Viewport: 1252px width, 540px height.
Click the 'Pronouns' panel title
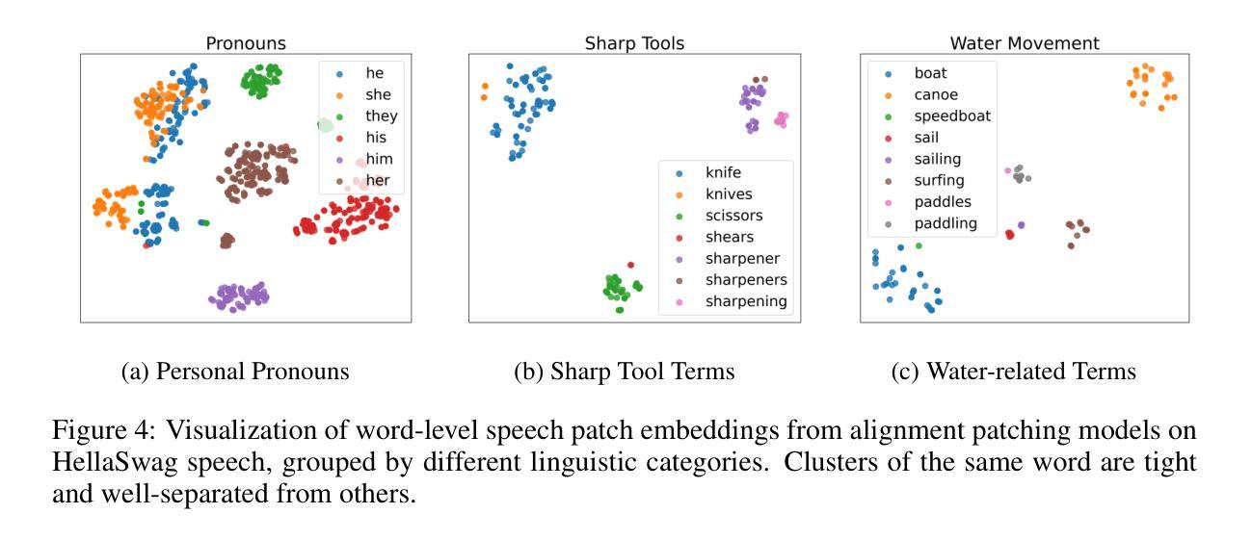[247, 43]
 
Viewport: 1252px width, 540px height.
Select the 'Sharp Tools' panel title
[634, 43]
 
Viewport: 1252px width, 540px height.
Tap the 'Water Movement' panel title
[1025, 43]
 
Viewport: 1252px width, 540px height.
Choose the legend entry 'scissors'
[733, 216]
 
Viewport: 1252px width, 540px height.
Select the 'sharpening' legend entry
[746, 301]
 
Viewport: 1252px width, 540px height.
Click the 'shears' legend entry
[730, 237]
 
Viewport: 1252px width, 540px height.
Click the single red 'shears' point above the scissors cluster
[630, 265]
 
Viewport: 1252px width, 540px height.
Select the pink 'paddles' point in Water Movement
[1008, 171]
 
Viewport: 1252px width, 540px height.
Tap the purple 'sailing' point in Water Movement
[1021, 225]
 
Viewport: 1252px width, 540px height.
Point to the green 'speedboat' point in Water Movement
[919, 246]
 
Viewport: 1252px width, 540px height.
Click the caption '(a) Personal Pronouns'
[235, 372]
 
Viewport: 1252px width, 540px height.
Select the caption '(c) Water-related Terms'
[1014, 372]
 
